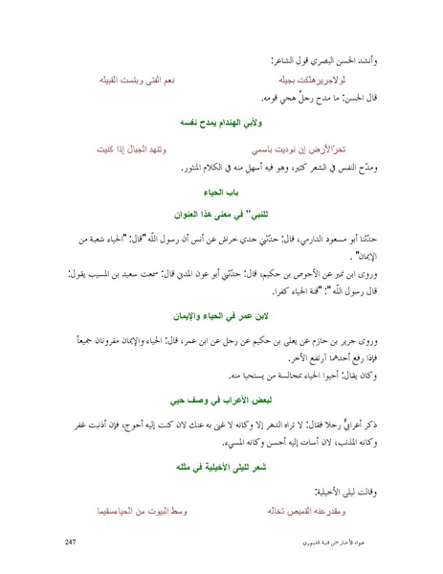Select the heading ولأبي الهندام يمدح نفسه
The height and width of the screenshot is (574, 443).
click(221, 126)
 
